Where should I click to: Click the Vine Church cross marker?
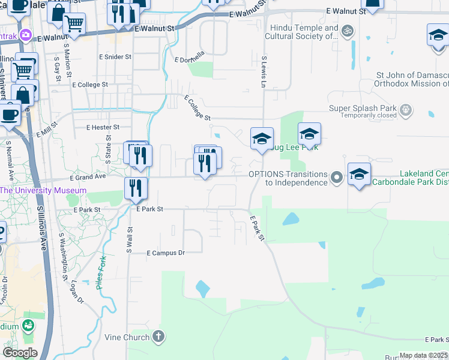pos(158,336)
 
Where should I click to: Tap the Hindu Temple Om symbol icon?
pos(346,30)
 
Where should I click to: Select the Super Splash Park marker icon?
pos(406,109)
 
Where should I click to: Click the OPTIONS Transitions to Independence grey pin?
pos(337,176)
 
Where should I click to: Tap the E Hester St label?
pos(103,127)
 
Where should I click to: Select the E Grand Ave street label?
pos(88,177)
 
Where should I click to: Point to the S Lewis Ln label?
pos(264,72)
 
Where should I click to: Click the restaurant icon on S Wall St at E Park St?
pos(136,187)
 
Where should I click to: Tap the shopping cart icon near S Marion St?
pos(74,23)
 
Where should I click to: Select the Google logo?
pos(20,353)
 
